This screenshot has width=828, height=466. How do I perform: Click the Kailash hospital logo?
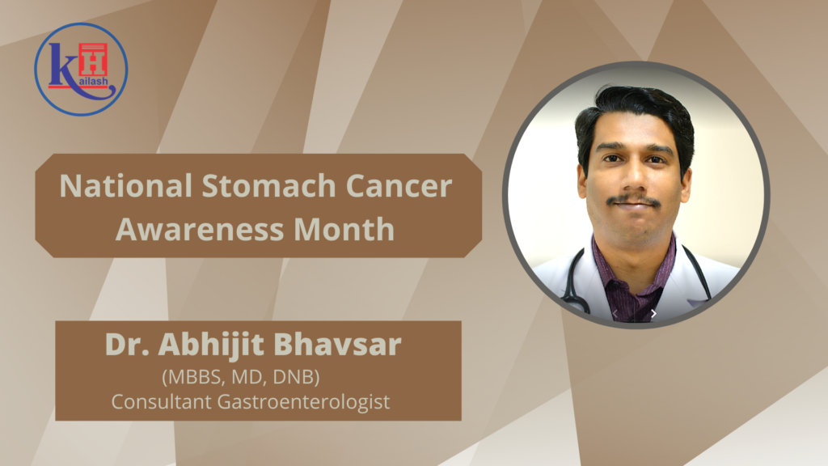coord(81,69)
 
